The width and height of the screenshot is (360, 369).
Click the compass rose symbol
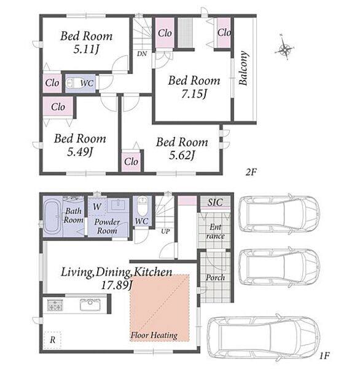point(284,48)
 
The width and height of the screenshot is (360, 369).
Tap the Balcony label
point(243,68)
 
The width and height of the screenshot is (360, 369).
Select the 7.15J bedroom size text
point(194,93)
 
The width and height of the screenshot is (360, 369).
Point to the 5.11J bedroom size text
point(86,49)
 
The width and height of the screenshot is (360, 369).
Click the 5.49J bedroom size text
point(80,151)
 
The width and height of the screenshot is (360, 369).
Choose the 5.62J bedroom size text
point(182,155)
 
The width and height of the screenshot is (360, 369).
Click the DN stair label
point(142,54)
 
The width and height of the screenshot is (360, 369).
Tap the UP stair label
point(165,231)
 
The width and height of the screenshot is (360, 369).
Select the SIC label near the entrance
point(215,202)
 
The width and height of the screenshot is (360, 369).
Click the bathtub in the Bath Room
point(52,217)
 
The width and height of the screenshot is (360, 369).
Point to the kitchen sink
point(90,304)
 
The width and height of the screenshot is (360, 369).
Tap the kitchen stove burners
point(55,305)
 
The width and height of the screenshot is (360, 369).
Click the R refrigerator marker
point(53,340)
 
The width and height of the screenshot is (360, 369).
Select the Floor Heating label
point(154,335)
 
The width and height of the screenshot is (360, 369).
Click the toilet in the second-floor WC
point(73,83)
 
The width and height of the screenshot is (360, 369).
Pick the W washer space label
point(97,207)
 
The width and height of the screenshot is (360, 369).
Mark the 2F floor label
point(251,172)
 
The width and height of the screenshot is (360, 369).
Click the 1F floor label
point(324,355)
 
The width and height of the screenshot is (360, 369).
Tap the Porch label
point(215,278)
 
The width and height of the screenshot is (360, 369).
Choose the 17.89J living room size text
point(117,285)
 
